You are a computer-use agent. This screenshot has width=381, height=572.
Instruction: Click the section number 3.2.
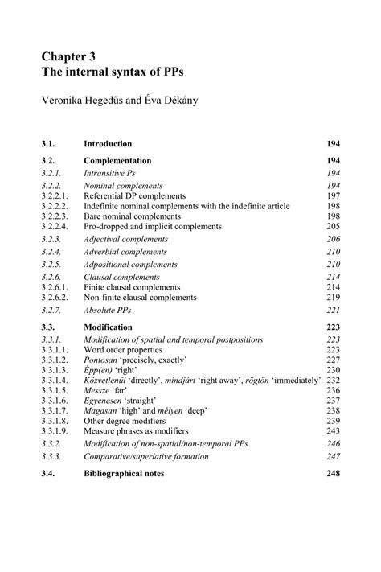point(51,161)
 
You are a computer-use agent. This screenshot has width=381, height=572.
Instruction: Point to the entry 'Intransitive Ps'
point(109,173)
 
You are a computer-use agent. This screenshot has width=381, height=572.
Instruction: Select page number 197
point(333,195)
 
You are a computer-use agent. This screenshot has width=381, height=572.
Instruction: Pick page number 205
point(333,227)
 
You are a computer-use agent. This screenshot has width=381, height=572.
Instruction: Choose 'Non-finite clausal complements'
point(141,297)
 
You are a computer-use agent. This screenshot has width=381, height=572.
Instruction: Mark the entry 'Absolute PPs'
point(106,310)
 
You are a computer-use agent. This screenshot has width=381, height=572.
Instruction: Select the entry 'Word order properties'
point(123,350)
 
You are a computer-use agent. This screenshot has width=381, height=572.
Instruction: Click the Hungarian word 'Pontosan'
point(101,360)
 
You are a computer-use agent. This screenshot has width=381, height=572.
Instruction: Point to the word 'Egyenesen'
point(104,401)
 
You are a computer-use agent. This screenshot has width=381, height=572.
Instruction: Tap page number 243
point(333,431)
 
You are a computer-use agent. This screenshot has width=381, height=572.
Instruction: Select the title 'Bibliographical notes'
point(124,474)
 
